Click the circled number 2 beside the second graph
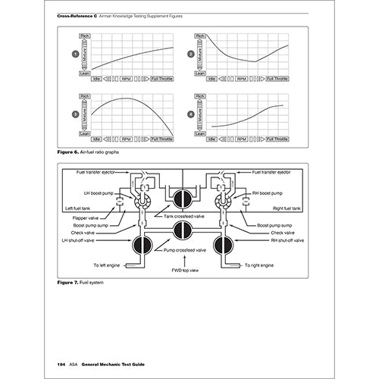coord(191,55)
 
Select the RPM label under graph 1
coord(125,78)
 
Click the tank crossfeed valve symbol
coord(183,199)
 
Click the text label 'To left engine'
coord(110,265)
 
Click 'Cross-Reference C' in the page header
coord(76,14)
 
